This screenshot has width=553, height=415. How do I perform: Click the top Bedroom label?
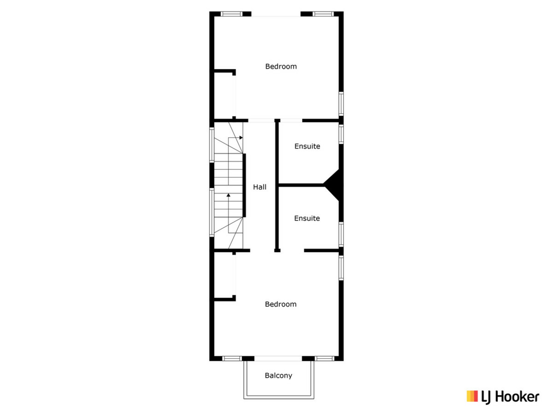click(281, 67)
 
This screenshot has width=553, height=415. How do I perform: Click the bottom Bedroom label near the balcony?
click(281, 304)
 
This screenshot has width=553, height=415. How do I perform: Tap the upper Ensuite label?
click(307, 146)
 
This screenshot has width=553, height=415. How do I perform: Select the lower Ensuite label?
click(307, 218)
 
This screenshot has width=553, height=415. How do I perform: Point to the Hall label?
click(260, 187)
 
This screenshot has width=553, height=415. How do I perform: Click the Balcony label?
click(279, 376)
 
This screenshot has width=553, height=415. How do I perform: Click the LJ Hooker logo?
click(503, 397)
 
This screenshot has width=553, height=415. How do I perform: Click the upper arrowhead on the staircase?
click(241, 138)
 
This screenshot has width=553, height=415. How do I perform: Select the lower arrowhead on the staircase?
click(228, 195)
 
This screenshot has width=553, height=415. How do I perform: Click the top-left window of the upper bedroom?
click(232, 14)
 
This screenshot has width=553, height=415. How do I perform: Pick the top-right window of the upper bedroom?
click(323, 14)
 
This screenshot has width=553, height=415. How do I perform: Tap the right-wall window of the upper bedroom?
click(341, 104)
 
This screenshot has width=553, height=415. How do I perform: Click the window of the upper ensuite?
click(341, 134)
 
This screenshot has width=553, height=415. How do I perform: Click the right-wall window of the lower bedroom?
click(341, 268)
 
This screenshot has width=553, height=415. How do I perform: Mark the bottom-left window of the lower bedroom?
click(232, 359)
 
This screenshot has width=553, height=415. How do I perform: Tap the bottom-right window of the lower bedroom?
click(325, 359)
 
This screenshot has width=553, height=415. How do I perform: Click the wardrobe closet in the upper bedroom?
click(224, 95)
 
